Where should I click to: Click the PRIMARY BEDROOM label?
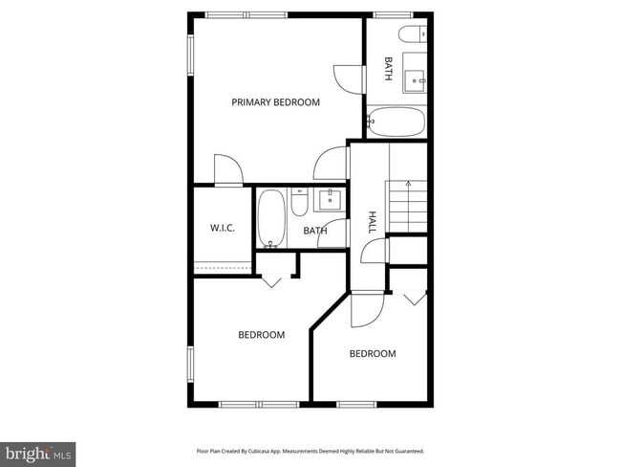tap(275, 101)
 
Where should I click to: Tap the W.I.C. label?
tap(223, 228)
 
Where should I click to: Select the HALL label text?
tap(373, 223)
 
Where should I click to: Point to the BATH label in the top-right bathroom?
tap(388, 69)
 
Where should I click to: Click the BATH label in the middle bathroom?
tap(315, 231)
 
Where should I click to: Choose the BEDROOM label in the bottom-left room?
tap(262, 335)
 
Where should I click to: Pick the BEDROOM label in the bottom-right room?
tap(373, 354)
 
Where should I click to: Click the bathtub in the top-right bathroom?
tap(396, 122)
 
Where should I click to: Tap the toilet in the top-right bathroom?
tap(413, 36)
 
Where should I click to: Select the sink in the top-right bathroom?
tap(416, 78)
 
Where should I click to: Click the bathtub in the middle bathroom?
tap(271, 218)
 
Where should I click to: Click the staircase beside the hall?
tap(408, 206)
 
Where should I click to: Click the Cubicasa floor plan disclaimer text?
tap(310, 451)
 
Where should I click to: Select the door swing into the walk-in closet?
tap(228, 169)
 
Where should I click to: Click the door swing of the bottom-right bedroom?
tap(367, 308)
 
